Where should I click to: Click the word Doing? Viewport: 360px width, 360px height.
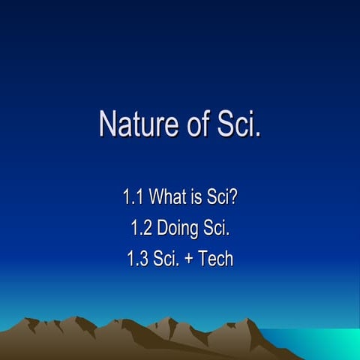pyautogui.click(x=178, y=229)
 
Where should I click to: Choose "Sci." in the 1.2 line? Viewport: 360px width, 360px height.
pyautogui.click(x=217, y=229)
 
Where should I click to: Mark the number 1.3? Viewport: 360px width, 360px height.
pyautogui.click(x=138, y=259)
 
